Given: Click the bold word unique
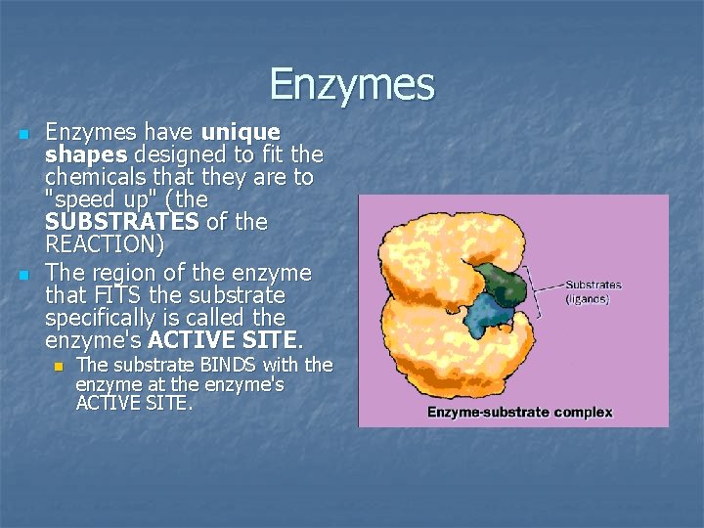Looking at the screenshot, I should click(x=241, y=131).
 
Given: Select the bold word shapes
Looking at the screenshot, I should click(x=87, y=154).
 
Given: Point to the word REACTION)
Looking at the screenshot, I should click(x=105, y=245).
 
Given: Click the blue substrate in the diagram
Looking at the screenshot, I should click(x=489, y=316).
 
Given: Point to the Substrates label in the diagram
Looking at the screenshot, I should click(x=593, y=286).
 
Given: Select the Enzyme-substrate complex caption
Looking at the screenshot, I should click(x=519, y=412).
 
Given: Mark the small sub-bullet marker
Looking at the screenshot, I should click(x=59, y=367).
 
